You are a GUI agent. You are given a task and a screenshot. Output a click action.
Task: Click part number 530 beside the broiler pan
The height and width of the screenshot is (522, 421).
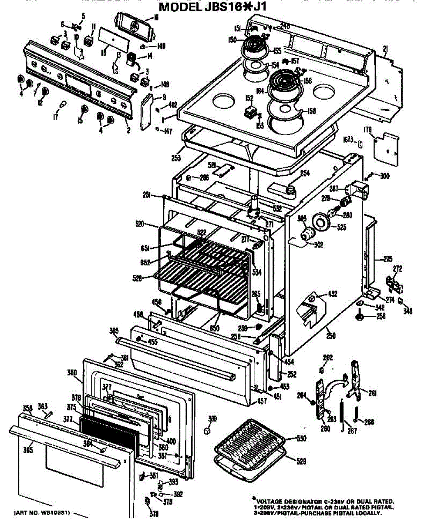click(x=301, y=438)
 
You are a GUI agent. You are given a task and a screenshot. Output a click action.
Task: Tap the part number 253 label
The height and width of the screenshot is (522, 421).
click(x=176, y=158)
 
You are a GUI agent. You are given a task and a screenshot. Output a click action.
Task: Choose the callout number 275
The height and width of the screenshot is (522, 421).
click(x=387, y=260)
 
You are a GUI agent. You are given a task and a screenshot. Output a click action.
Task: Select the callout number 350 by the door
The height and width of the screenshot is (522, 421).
click(x=72, y=372)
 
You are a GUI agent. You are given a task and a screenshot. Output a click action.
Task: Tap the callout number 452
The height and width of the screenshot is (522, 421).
click(x=333, y=294)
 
